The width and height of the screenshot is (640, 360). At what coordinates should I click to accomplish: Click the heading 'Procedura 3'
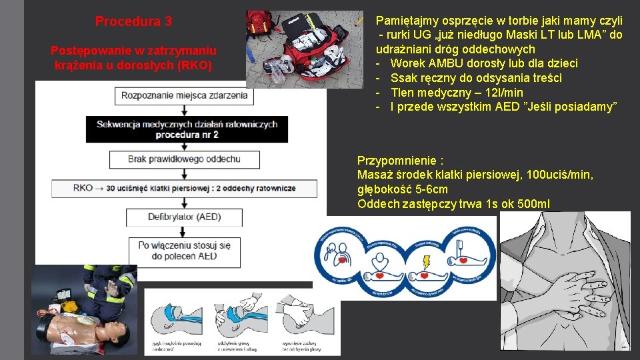[133, 21]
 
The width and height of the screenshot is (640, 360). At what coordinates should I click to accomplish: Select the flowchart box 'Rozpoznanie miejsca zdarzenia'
[184, 95]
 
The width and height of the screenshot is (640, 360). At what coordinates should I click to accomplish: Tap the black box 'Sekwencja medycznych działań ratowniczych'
[187, 129]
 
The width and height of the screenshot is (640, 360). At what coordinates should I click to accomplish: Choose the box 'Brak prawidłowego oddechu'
[184, 159]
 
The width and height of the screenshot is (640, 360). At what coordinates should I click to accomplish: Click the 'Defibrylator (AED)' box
[184, 217]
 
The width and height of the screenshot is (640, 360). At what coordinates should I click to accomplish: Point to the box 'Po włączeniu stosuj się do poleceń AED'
[184, 251]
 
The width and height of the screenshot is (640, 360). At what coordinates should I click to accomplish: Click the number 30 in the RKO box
[111, 188]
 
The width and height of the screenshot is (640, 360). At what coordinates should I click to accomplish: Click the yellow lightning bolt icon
[426, 260]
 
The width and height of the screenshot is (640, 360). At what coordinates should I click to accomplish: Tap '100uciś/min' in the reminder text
[559, 175]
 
